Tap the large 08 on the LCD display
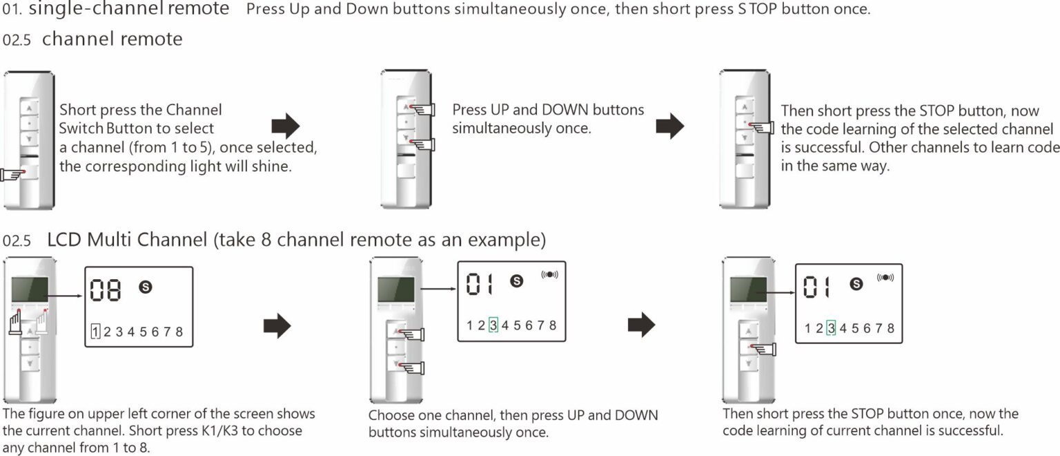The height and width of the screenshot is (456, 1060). click(106, 289)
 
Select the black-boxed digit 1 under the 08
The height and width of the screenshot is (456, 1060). click(95, 332)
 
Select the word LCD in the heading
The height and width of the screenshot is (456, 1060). click(63, 240)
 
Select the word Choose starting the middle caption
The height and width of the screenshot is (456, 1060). click(391, 416)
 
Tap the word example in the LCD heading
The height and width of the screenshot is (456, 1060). click(506, 240)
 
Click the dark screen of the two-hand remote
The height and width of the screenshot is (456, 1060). click(30, 289)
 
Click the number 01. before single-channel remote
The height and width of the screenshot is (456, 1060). click(12, 10)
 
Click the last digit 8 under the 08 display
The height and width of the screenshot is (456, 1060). click(179, 332)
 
